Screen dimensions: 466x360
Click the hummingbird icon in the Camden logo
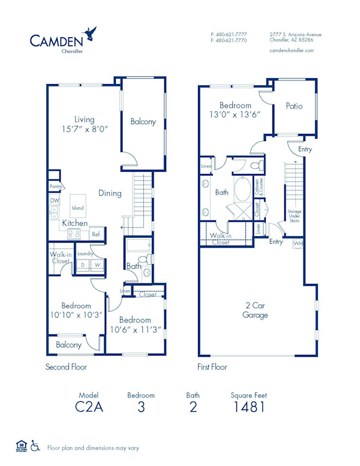point(91,31)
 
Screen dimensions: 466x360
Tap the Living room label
point(85,119)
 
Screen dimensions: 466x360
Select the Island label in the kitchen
point(77,208)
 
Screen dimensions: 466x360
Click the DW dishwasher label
point(54,201)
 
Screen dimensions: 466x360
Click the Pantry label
point(56,187)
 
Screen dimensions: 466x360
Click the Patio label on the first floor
point(294,106)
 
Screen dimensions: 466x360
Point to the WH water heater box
point(298,244)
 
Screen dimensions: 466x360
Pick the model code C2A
point(88,408)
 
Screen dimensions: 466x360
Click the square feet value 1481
point(248,408)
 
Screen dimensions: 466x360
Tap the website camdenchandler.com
point(292,51)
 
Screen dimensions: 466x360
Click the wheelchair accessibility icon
point(35,446)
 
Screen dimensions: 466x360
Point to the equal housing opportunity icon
point(21,446)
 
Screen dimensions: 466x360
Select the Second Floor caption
point(66,366)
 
